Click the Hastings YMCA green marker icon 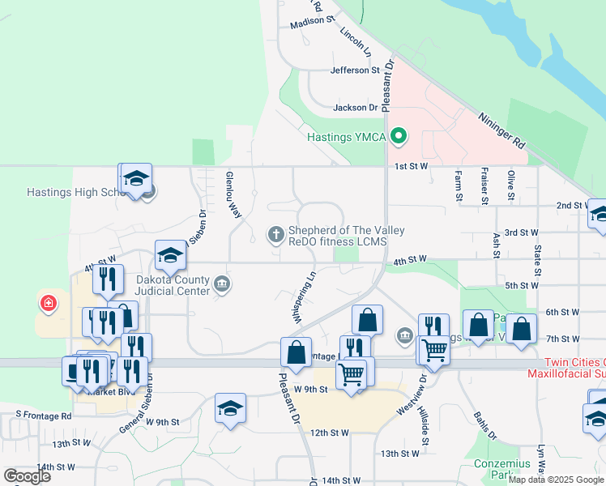[x=398, y=136]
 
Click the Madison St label [x=312, y=22]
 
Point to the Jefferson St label [x=355, y=70]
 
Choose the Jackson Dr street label [x=356, y=107]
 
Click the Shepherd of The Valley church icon [x=275, y=235]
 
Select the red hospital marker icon [x=49, y=304]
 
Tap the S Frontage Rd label [x=44, y=416]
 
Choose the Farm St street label [x=459, y=185]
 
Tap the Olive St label [x=511, y=185]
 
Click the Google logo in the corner [x=27, y=475]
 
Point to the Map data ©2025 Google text [x=556, y=480]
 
